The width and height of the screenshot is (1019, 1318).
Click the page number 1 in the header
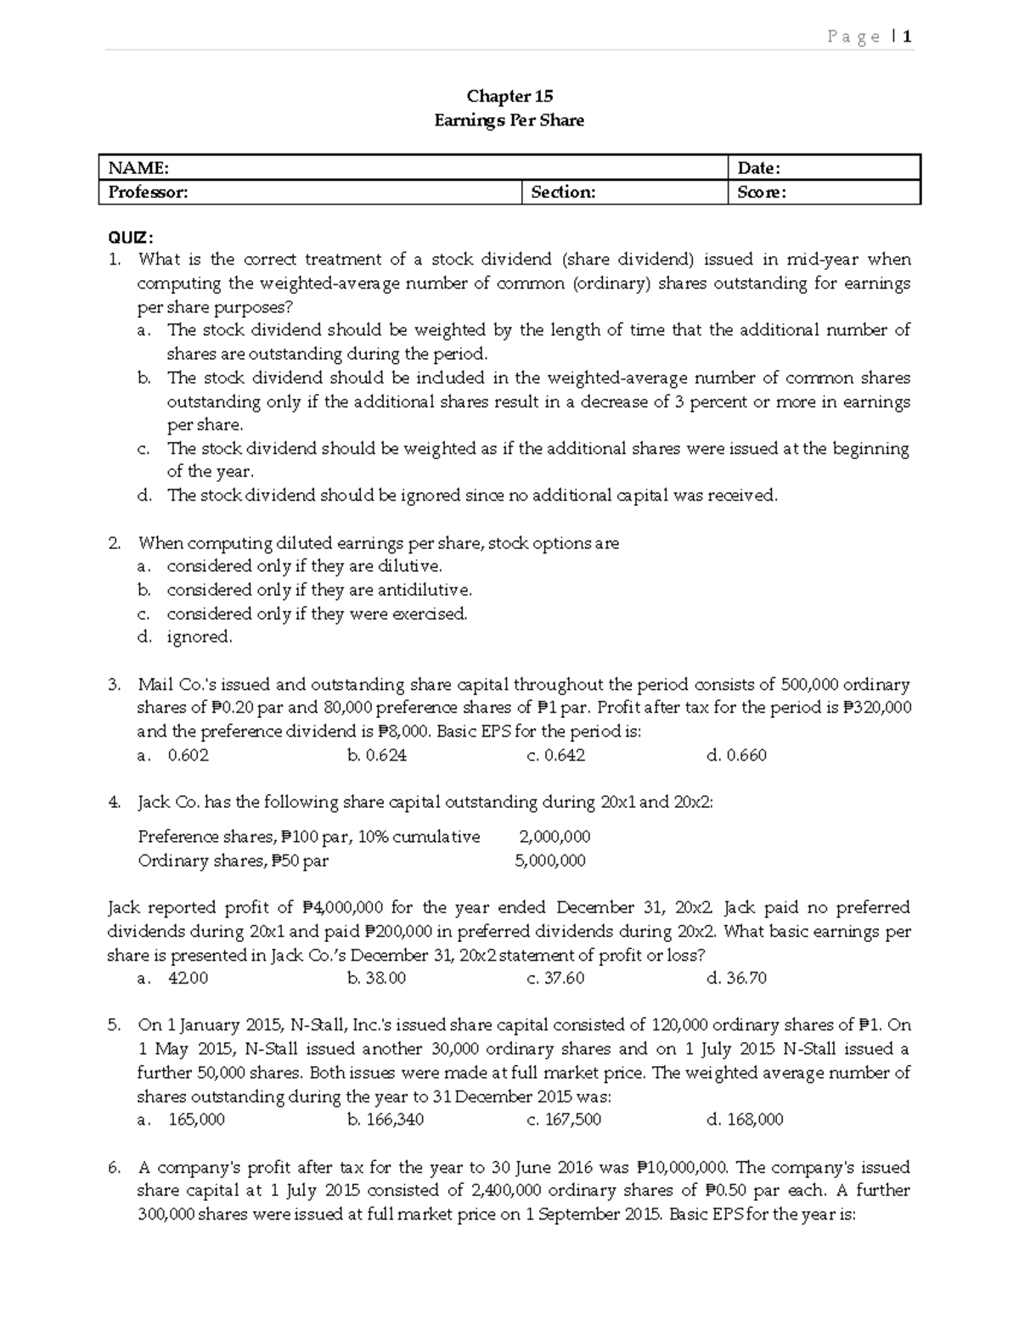tap(907, 36)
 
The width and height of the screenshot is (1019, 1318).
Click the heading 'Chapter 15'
tap(509, 96)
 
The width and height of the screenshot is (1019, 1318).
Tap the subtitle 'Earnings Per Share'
tap(509, 121)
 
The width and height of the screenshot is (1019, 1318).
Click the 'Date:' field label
tap(758, 168)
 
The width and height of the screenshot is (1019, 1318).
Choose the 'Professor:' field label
tap(148, 193)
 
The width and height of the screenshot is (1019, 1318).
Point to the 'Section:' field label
tap(563, 193)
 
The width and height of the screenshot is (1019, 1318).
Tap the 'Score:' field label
tap(761, 193)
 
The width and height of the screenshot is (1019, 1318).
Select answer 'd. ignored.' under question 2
tap(185, 637)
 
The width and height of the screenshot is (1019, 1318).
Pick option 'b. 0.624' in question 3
tap(377, 755)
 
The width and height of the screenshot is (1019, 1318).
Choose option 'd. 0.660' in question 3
tap(736, 755)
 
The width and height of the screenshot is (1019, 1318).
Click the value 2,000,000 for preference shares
tap(555, 837)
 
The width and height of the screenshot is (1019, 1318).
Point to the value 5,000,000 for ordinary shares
tap(550, 861)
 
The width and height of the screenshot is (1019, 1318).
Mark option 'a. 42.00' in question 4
tap(173, 978)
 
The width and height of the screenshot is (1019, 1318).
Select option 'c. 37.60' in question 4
tap(555, 978)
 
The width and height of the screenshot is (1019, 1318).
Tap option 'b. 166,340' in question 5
tap(386, 1119)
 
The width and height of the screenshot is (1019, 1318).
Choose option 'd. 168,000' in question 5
tap(745, 1119)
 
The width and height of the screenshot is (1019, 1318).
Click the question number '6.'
tap(115, 1167)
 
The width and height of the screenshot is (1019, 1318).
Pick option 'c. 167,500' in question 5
tap(564, 1119)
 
